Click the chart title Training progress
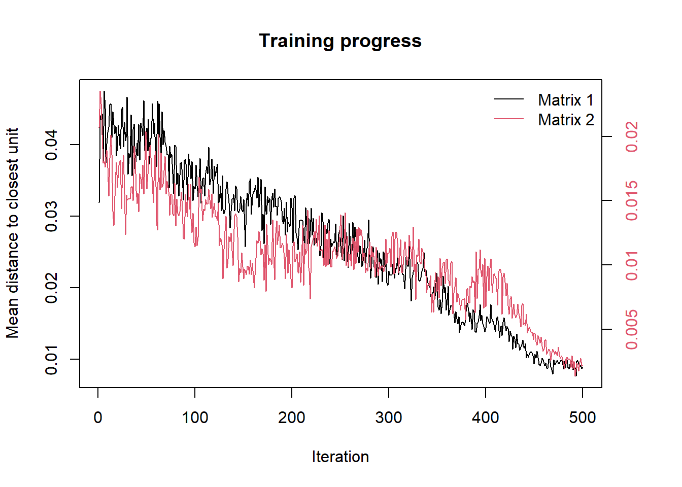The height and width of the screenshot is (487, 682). tap(340, 41)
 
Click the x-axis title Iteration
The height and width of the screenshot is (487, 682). tap(340, 457)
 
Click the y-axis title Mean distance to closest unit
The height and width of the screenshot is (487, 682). tap(12, 233)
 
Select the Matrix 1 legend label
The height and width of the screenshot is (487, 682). tap(566, 100)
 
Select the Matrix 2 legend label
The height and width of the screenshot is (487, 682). tap(566, 120)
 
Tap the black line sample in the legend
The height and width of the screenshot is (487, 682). tap(508, 99)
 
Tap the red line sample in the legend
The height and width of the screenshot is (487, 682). tap(508, 118)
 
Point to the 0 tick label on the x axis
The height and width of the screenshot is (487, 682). tap(98, 418)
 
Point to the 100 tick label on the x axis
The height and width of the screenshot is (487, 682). tap(195, 418)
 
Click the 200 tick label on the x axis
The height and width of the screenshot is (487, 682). tap(292, 418)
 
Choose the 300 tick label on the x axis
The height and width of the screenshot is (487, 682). tap(389, 418)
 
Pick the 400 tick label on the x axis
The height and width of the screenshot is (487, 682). tap(485, 418)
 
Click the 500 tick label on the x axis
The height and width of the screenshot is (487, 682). tap(582, 418)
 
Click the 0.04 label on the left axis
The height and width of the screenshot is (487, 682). tap(51, 145)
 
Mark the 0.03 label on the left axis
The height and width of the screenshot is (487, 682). tap(51, 216)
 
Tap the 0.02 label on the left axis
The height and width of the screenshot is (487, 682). tap(51, 288)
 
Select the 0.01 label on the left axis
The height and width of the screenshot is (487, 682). tap(51, 359)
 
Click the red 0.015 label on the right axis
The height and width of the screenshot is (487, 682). tap(631, 200)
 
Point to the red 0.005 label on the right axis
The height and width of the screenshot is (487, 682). tap(631, 329)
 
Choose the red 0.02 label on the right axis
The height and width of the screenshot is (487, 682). tap(631, 136)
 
